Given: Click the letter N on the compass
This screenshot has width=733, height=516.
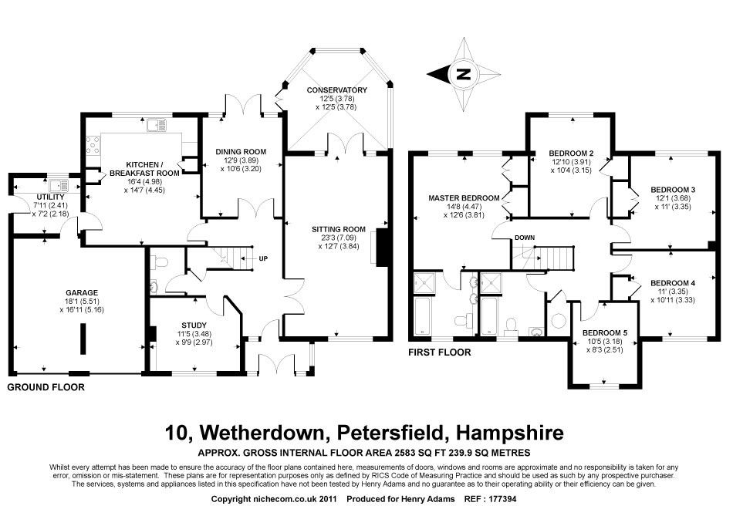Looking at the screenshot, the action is coord(463,74).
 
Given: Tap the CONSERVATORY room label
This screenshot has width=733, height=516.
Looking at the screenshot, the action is coord(336,90).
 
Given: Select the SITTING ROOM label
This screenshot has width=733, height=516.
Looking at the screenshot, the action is coord(338,229).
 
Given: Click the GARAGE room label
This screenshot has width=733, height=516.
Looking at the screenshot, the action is coord(81,292).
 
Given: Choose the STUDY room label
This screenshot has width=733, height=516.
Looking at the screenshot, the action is coord(194,325).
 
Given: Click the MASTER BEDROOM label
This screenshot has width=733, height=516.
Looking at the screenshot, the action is coord(464,198).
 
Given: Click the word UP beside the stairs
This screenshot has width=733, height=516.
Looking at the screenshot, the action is coord(264,258).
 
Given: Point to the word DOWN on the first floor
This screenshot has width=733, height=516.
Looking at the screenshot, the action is coord(525,238).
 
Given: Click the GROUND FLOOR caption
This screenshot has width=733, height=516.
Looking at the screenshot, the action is coord(46,387).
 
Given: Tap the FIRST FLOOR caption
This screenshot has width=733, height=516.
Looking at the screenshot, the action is coord(441,352).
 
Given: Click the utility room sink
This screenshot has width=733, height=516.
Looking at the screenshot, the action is coord(57,185).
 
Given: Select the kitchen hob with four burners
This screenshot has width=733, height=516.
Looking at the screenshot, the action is coord(93,143).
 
